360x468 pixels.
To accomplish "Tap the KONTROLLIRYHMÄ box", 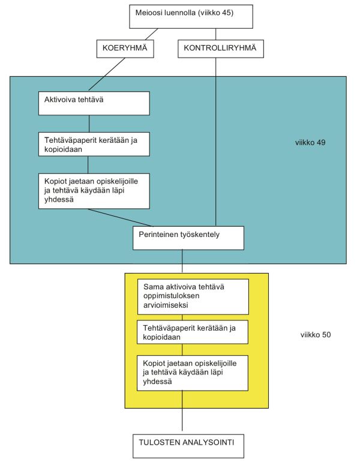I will pos(220,49).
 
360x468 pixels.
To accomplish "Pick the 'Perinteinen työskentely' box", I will pos(188,238).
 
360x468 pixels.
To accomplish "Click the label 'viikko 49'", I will pos(310,144).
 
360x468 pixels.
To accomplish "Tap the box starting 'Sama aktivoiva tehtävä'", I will pos(193,296).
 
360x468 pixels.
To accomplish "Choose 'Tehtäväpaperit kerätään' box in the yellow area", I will pos(193,332).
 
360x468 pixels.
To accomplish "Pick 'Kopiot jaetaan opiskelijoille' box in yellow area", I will pos(193,371).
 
